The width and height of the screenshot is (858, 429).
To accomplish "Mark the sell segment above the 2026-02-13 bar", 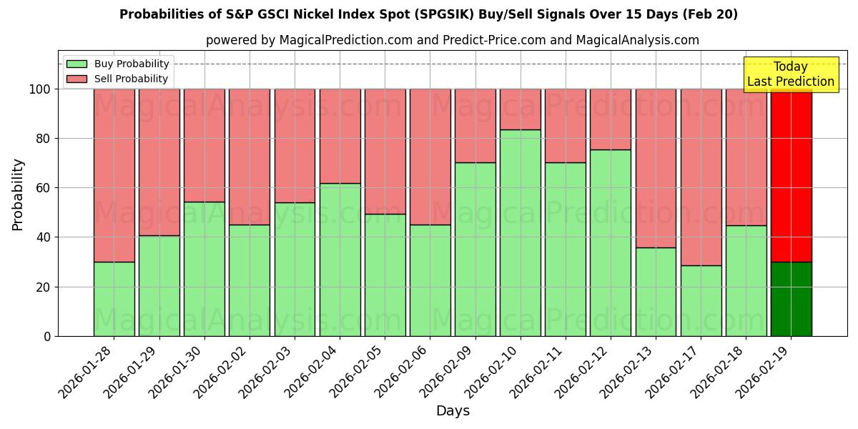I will click(656, 168).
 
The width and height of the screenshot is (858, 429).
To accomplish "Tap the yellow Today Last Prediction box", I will click(790, 74).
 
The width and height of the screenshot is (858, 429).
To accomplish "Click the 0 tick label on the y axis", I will click(47, 336).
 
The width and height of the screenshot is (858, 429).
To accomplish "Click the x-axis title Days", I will click(453, 411).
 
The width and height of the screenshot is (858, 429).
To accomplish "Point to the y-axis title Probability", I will click(18, 194).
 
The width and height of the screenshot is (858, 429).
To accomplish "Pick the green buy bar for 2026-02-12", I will click(611, 242).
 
